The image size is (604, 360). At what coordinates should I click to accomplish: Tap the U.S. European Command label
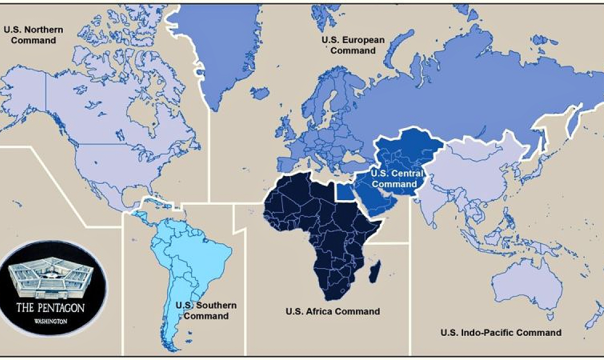pos(353,45)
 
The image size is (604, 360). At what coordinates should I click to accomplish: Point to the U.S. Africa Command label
pos(332,311)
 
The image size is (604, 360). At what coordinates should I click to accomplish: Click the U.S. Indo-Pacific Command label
pos(500,332)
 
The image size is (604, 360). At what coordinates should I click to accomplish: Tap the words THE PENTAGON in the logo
pos(50,308)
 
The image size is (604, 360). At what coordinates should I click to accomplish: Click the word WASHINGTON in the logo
pos(50,322)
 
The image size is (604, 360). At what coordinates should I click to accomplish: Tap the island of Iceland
pos(260,93)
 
